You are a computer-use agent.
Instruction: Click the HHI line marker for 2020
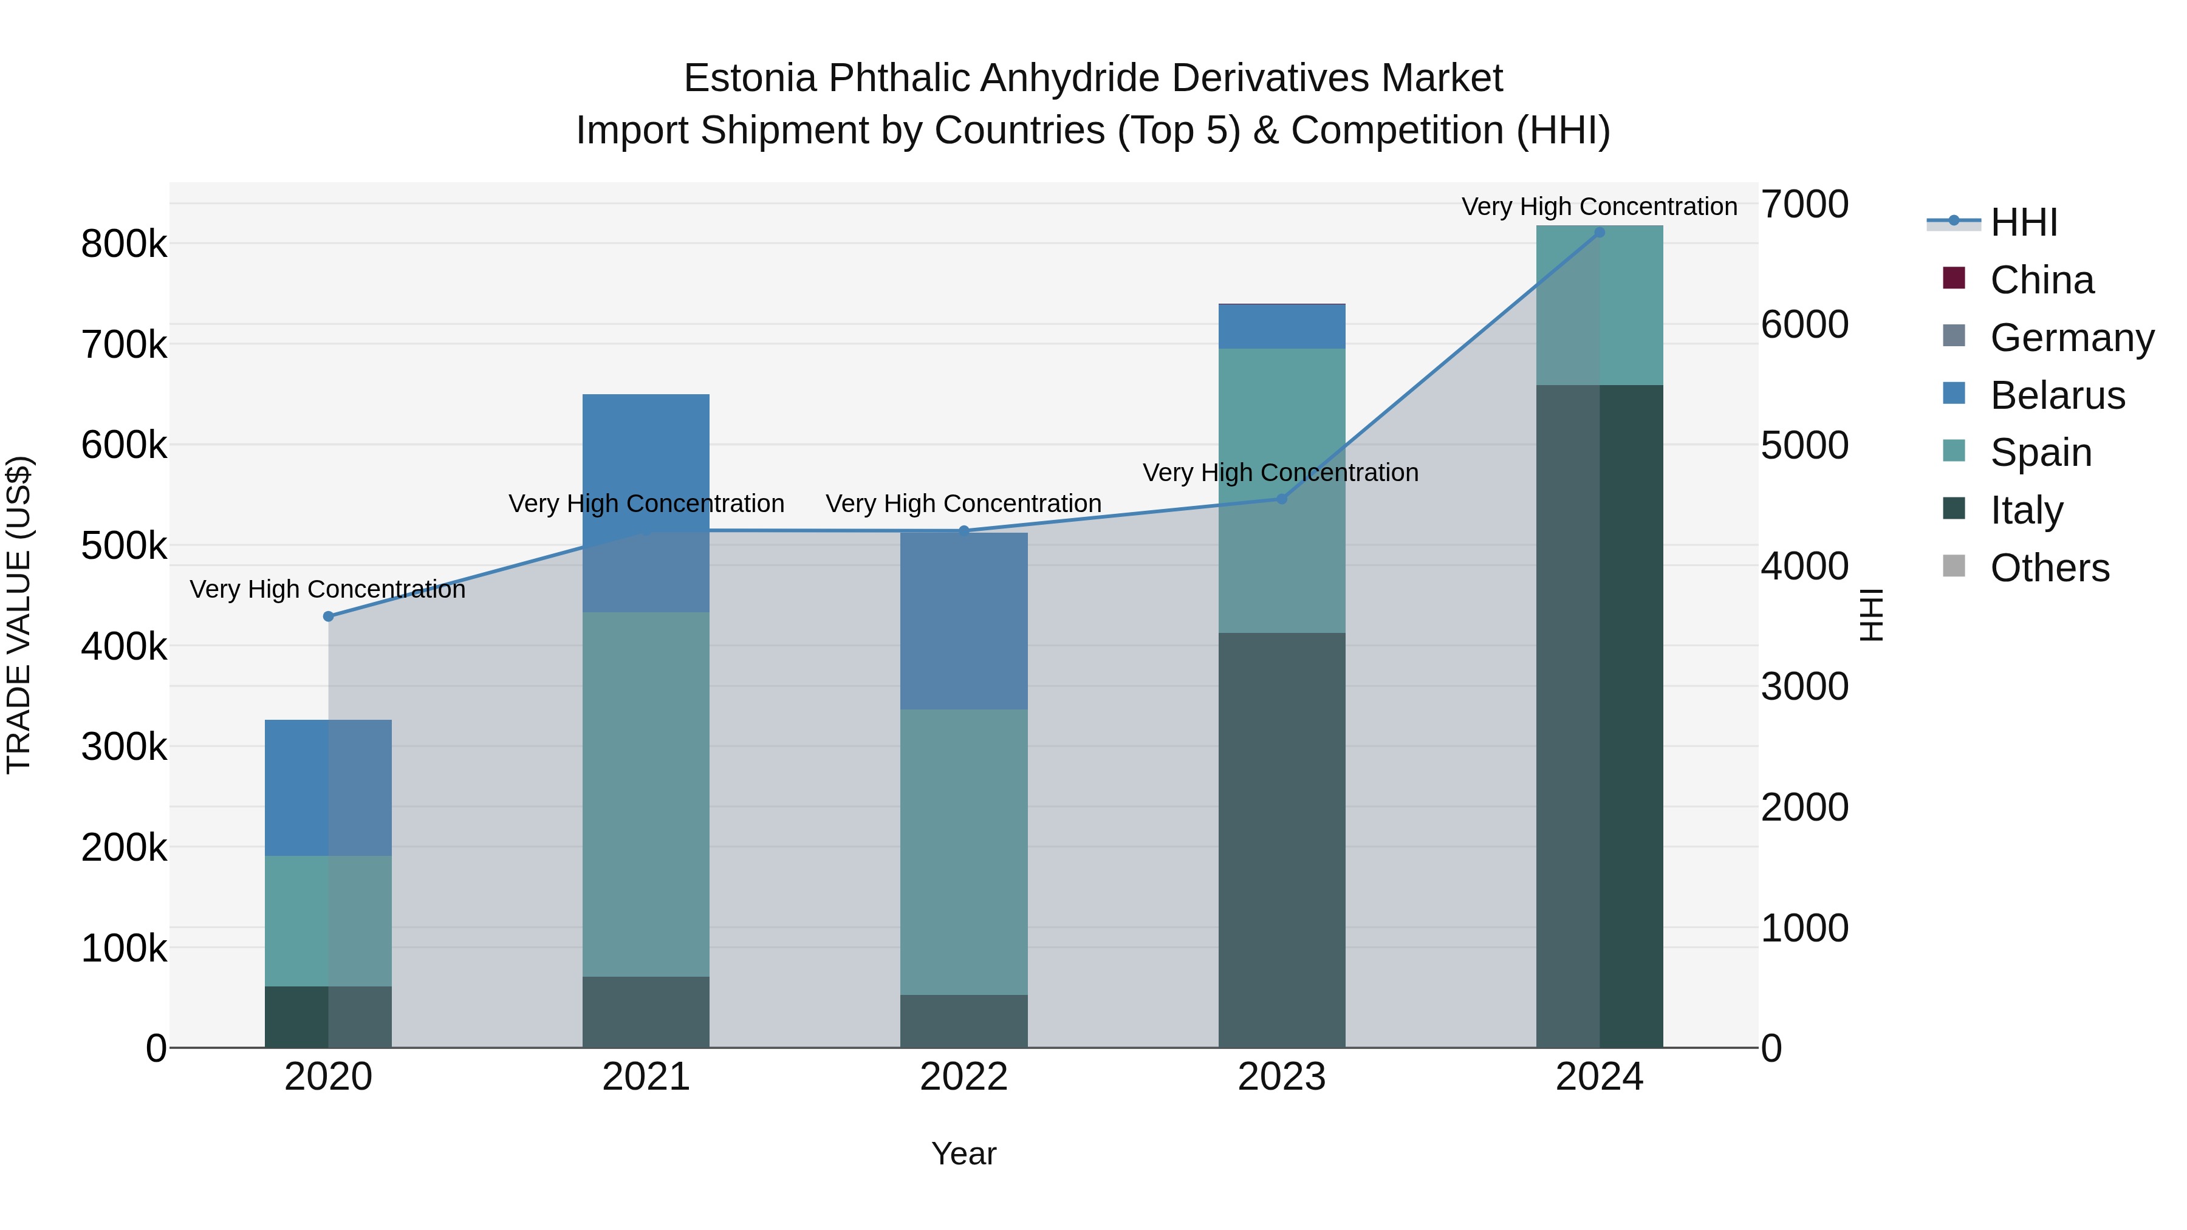click(x=329, y=617)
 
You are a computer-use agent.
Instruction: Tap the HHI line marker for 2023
click(x=1282, y=499)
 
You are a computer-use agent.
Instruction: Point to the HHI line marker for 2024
click(x=1600, y=232)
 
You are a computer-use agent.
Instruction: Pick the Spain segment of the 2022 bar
click(x=963, y=852)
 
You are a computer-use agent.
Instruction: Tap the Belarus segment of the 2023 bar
click(x=1282, y=327)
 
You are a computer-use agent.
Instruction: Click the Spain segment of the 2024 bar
click(x=1600, y=306)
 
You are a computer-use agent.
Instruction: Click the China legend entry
click(x=2041, y=280)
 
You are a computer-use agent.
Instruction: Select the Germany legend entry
click(x=2072, y=338)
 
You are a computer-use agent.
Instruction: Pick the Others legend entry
click(x=2050, y=568)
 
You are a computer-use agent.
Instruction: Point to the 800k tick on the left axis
click(x=124, y=244)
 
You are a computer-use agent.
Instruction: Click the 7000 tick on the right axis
click(x=1804, y=205)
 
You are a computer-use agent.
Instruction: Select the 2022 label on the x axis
click(x=963, y=1077)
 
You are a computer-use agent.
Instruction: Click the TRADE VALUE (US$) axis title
click(x=19, y=615)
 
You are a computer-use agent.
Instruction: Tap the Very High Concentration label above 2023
click(x=1280, y=473)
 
